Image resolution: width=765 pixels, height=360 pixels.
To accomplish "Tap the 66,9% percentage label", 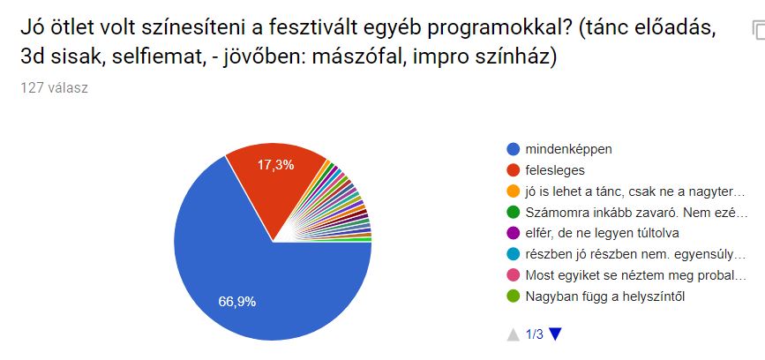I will tap(237, 302).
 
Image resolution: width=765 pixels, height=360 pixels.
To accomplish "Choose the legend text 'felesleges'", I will tap(554, 169).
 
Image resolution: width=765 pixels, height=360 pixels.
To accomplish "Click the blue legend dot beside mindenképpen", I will tap(513, 148).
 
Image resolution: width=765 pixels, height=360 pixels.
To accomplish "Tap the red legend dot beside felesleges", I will tap(513, 169).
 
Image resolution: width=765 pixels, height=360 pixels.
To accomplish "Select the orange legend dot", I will tap(513, 191).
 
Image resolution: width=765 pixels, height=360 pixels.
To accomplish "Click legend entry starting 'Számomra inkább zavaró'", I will tap(636, 212).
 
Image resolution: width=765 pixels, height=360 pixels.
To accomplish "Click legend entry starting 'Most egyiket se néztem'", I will tap(636, 275).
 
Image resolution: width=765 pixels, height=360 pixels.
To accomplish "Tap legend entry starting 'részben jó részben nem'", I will tap(636, 254).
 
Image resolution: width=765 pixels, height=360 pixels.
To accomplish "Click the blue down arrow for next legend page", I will tap(555, 334).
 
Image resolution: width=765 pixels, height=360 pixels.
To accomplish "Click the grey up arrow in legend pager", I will tap(513, 334).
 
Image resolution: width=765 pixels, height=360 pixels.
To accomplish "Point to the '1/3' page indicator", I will tap(534, 334).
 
